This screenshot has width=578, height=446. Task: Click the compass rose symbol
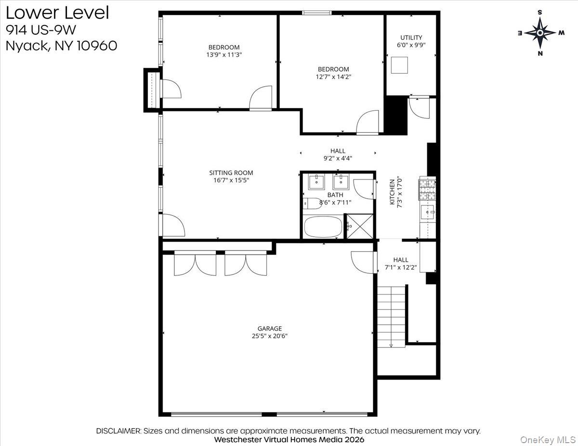click(540, 33)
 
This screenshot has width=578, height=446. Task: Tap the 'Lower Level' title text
click(57, 13)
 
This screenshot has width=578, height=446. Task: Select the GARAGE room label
click(269, 329)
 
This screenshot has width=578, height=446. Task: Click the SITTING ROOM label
click(231, 173)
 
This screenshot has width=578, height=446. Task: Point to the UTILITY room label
click(411, 38)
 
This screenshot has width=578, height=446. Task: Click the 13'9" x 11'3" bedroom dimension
click(224, 55)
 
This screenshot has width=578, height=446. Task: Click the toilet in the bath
click(312, 204)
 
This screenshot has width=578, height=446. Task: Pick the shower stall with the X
click(360, 226)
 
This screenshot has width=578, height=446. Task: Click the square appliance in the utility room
click(399, 65)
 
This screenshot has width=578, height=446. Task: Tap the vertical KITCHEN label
click(392, 192)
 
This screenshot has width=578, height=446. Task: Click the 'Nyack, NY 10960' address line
click(61, 46)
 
